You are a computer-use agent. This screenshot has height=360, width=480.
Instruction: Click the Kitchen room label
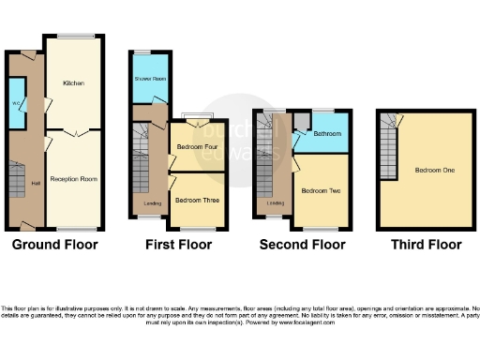click(73, 83)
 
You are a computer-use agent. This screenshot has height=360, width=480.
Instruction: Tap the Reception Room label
click(74, 177)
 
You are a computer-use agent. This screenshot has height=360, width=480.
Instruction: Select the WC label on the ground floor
click(17, 102)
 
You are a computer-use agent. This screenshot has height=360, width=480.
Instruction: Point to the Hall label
click(36, 183)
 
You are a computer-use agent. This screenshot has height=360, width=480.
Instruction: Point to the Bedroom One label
click(428, 171)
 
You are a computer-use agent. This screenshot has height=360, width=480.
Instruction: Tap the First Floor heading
click(177, 246)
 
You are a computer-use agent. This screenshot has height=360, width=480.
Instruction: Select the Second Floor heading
click(303, 246)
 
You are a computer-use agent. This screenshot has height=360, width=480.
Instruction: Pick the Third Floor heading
click(427, 246)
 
